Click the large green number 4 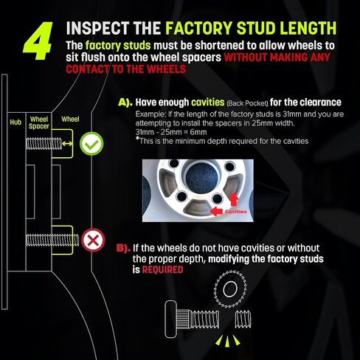pyautogui.click(x=38, y=41)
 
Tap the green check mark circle pyautogui.click(x=91, y=144)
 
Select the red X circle pyautogui.click(x=93, y=240)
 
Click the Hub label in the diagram pyautogui.click(x=15, y=122)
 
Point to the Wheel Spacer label pyautogui.click(x=39, y=122)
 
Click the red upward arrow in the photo pyautogui.click(x=234, y=199)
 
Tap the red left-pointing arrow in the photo pyautogui.click(x=217, y=211)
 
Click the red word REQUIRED pyautogui.click(x=162, y=270)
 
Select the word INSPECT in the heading pyautogui.click(x=97, y=28)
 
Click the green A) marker pyautogui.click(x=125, y=103)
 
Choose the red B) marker pyautogui.click(x=123, y=248)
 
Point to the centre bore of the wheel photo pyautogui.click(x=202, y=177)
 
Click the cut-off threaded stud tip pyautogui.click(x=243, y=319)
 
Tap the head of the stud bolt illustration pyautogui.click(x=171, y=319)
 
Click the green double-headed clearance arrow pyautogui.click(x=67, y=144)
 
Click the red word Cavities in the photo pyautogui.click(x=235, y=212)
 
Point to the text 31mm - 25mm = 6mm pyautogui.click(x=171, y=132)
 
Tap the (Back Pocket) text pyautogui.click(x=247, y=103)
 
